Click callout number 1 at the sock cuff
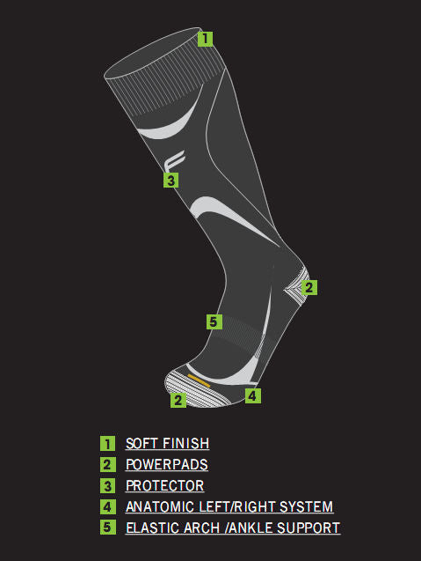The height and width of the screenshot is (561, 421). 205,39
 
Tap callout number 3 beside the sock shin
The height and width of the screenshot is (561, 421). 171,180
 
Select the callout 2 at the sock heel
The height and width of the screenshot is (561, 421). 308,287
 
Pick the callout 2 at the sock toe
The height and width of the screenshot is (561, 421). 178,400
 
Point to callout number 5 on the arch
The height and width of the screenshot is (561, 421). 214,321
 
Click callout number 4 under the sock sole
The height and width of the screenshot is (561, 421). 253,395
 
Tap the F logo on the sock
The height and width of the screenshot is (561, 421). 174,160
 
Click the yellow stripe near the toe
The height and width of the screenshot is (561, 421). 199,380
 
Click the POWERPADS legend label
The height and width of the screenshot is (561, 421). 167,465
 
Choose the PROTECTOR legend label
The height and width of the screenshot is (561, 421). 164,486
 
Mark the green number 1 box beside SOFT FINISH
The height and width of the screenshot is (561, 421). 107,444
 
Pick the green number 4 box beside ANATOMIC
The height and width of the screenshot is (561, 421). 107,507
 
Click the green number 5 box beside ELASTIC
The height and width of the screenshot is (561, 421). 107,528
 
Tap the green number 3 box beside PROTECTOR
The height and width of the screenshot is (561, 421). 107,486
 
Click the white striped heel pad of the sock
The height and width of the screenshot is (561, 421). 295,287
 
